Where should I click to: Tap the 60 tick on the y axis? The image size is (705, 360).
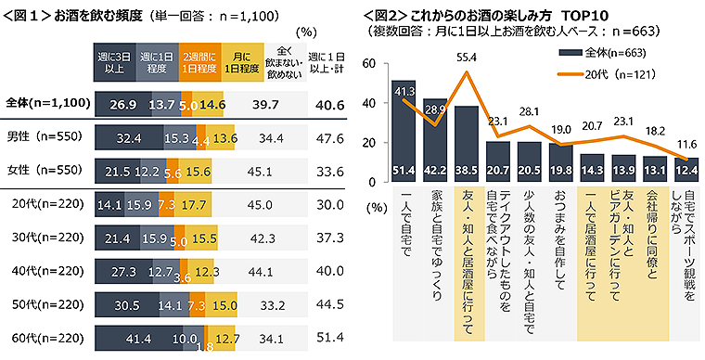[x=368, y=64]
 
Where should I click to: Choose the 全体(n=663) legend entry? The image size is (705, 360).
[x=599, y=52]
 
